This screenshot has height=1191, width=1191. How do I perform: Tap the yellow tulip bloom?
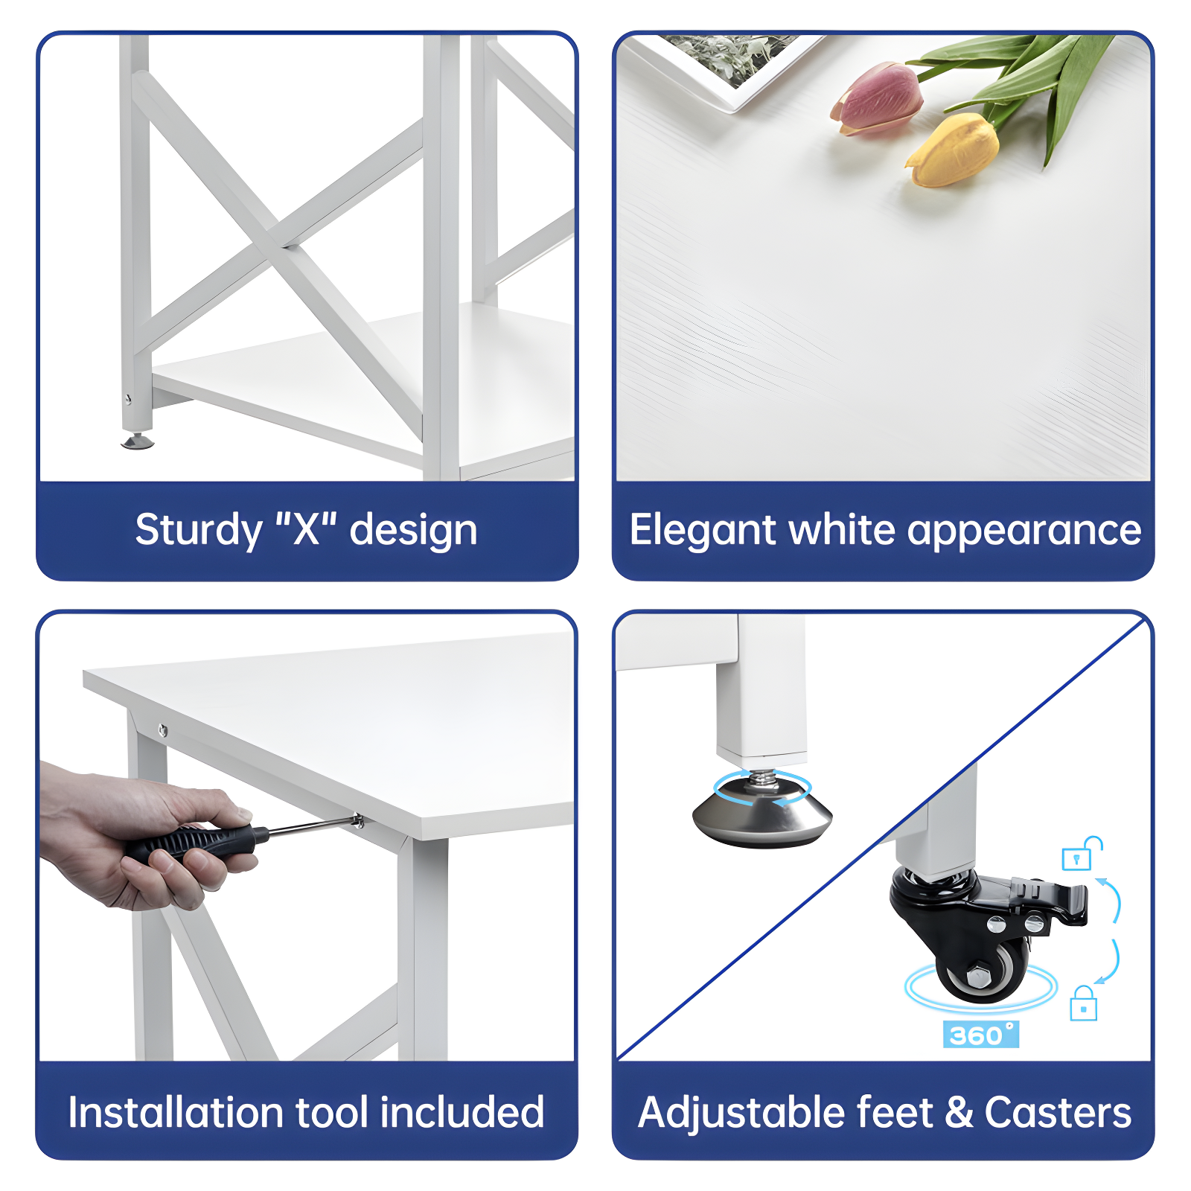coord(954,151)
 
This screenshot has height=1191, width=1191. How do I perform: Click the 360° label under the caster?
coord(980,1035)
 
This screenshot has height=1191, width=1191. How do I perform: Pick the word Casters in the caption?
coord(1058,1113)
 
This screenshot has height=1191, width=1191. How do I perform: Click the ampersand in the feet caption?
coord(959,1113)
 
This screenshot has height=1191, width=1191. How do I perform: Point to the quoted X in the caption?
coord(306,529)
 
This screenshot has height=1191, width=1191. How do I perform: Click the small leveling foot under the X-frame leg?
coord(138,442)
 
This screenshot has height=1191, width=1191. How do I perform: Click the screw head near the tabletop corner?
coord(163,730)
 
